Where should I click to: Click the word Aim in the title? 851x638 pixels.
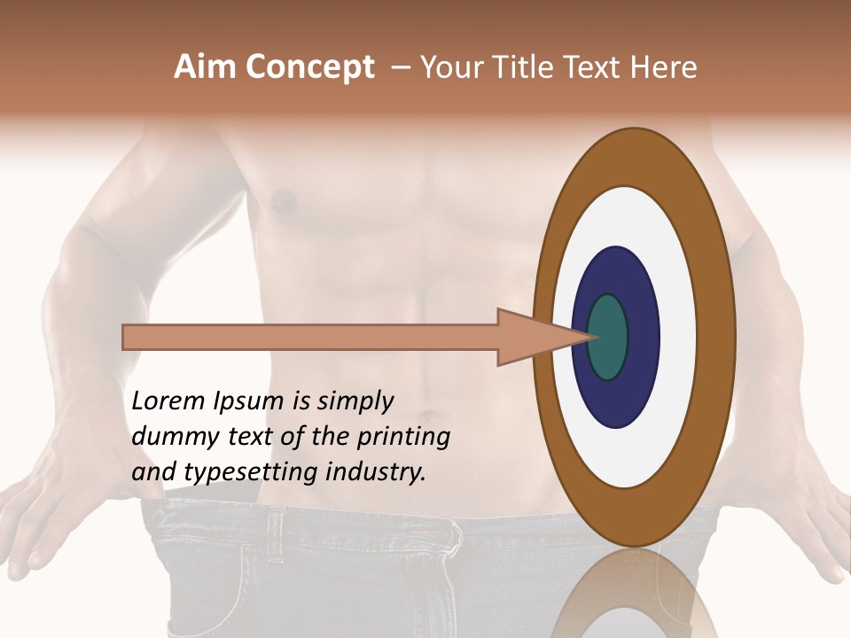tap(205, 67)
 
